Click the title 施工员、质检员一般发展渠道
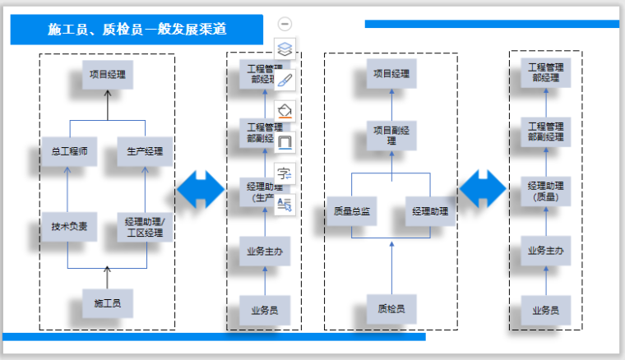click(137, 30)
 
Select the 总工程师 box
click(69, 152)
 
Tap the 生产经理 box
click(145, 152)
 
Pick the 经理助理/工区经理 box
click(145, 227)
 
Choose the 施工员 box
click(107, 303)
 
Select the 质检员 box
click(391, 309)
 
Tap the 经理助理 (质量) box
click(546, 191)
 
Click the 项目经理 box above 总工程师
click(107, 75)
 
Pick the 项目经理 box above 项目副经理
click(391, 74)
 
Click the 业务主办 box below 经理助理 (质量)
click(546, 250)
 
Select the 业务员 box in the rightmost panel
click(546, 310)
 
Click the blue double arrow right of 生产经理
click(200, 190)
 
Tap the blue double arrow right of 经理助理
click(483, 190)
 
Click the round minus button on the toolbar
click(285, 24)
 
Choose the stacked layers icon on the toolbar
click(285, 48)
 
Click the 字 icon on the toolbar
click(285, 173)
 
